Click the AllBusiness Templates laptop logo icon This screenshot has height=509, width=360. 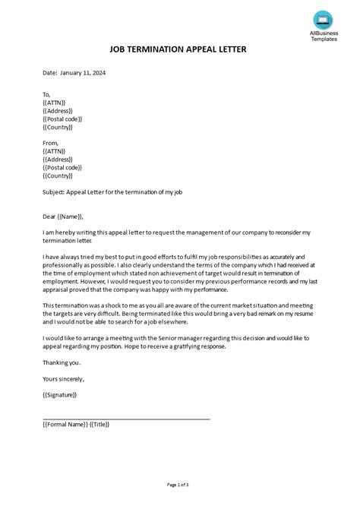click(x=324, y=18)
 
